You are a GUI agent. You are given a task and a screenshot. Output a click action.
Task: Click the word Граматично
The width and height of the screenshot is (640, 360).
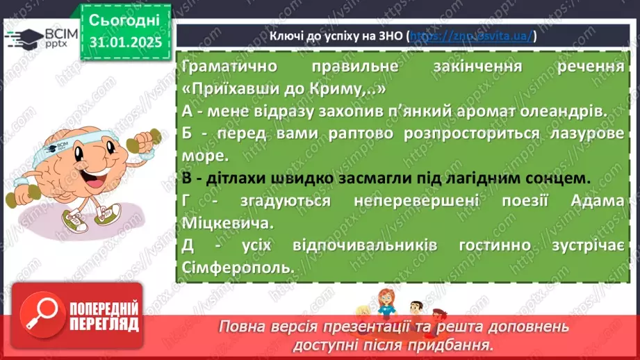[222, 67]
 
